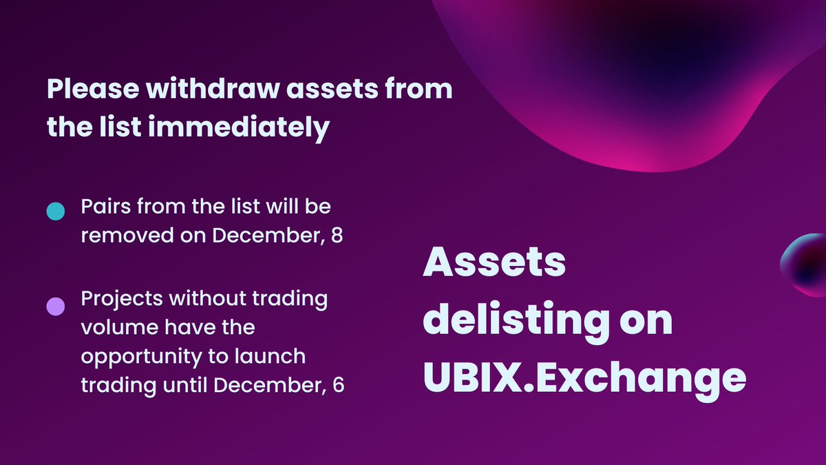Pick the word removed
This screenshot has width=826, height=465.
[x=120, y=236]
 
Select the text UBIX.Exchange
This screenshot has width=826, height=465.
[x=584, y=378]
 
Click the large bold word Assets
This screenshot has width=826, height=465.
[x=494, y=264]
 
